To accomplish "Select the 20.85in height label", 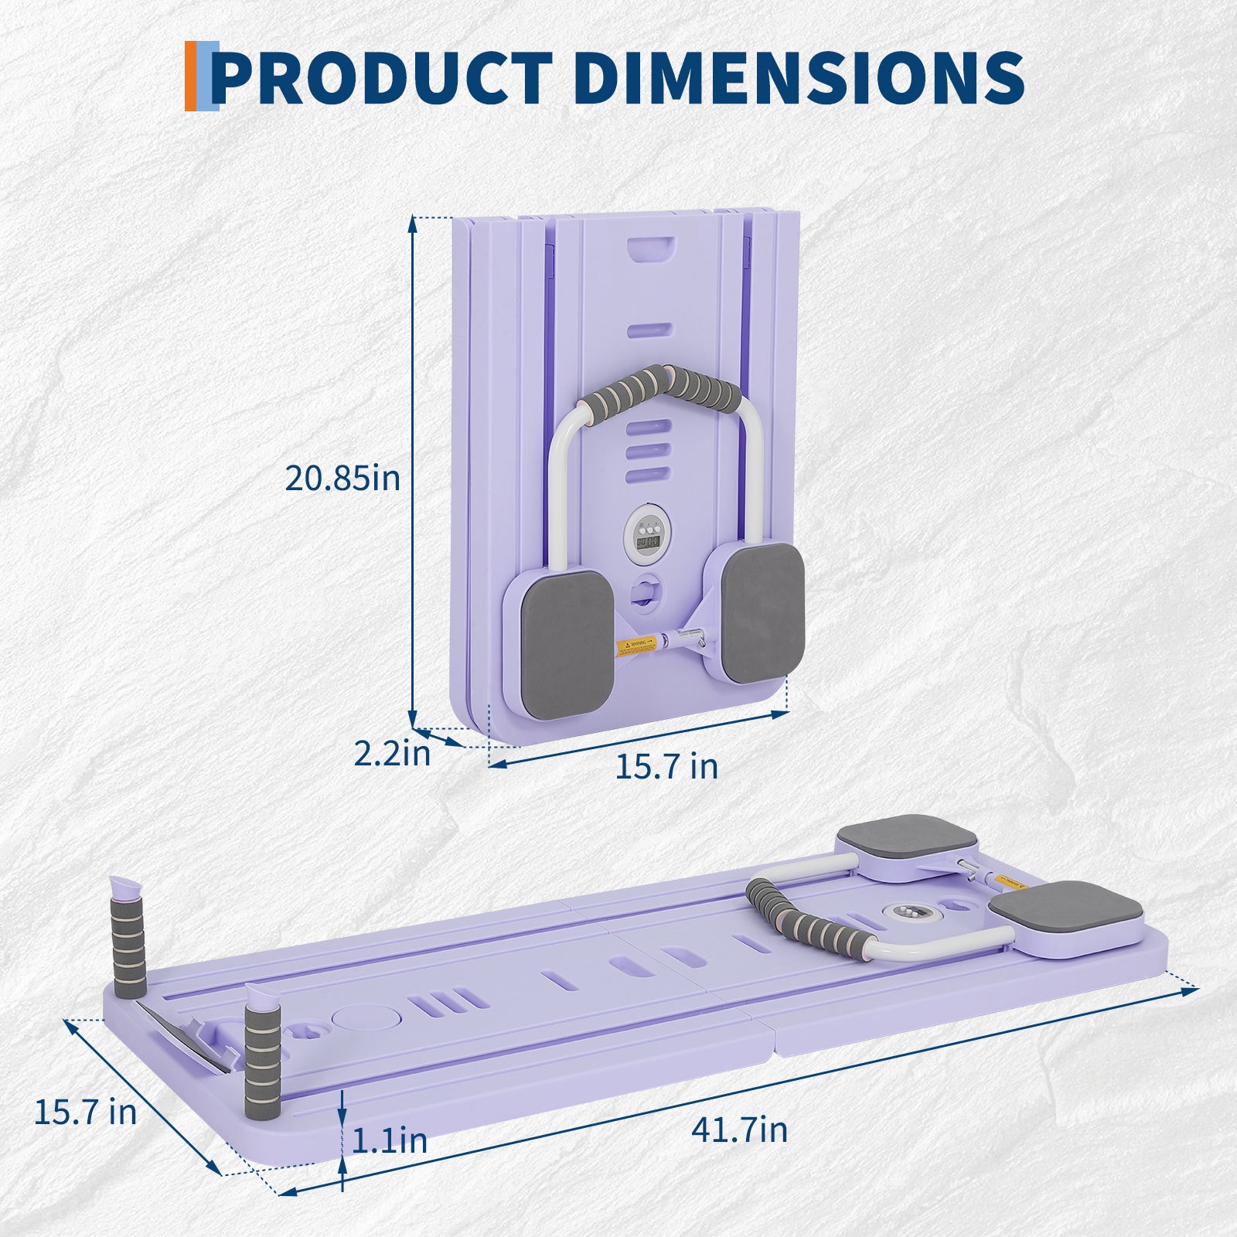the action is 342,478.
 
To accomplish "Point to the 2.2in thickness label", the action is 391,752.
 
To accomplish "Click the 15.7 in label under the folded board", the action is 666,766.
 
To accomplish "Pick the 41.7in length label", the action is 739,1130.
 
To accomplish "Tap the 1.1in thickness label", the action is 390,1140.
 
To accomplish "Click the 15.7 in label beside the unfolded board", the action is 85,1112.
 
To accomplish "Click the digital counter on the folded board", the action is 648,535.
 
